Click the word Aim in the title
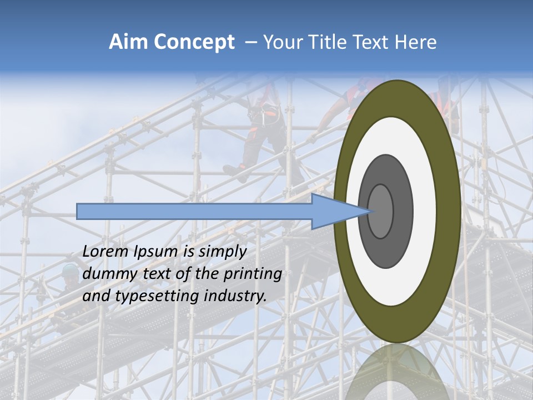click(x=126, y=42)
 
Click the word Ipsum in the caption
click(x=156, y=252)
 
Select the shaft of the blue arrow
click(x=194, y=211)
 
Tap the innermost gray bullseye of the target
click(x=381, y=211)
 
